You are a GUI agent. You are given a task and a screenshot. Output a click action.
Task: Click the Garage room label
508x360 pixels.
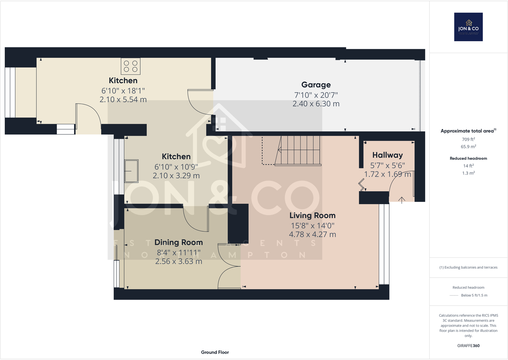[x=316, y=85]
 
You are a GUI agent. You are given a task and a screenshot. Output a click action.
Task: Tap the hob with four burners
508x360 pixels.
[x=130, y=66]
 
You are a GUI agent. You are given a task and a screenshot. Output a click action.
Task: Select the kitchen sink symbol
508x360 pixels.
[x=131, y=171]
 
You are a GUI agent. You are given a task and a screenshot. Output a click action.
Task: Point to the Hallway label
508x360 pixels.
[x=387, y=155]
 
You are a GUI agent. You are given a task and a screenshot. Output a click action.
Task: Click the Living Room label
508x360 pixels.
[x=312, y=216]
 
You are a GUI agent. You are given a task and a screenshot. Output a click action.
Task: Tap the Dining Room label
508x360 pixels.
[x=178, y=242]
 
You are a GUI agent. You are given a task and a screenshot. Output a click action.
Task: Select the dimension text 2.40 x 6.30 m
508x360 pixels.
[x=316, y=104]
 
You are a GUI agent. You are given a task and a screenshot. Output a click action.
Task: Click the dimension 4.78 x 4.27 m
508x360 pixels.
[x=312, y=234]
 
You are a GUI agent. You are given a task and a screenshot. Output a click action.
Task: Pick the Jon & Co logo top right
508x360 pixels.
[x=468, y=27]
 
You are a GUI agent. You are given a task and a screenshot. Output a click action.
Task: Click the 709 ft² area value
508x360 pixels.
[x=468, y=139]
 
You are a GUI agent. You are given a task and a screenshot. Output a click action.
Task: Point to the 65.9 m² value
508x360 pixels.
[x=468, y=147]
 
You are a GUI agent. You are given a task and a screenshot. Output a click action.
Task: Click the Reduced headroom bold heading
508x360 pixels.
[x=468, y=158]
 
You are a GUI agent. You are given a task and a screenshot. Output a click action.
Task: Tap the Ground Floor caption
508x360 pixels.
[x=215, y=352]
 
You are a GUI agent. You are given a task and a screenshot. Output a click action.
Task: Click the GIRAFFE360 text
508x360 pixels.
[x=468, y=346]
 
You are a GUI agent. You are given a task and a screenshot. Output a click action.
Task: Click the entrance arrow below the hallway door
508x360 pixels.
[x=402, y=200]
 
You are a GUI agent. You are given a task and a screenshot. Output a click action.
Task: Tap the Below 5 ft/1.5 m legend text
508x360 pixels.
[x=474, y=295]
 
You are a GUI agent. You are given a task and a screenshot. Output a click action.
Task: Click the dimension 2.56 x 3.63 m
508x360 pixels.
[x=178, y=262]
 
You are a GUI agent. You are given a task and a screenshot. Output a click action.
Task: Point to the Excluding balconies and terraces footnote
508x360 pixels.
[x=468, y=267]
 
